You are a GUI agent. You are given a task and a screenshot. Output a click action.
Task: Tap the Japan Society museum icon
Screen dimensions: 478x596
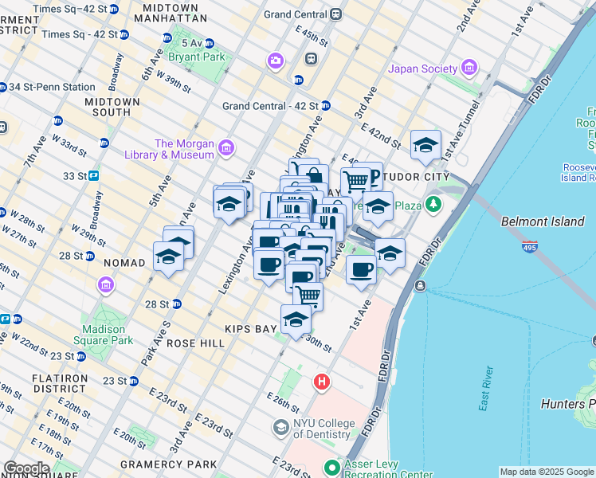pos(469,69)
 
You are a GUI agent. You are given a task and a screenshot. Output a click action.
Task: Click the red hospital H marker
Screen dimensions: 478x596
pos(322,382)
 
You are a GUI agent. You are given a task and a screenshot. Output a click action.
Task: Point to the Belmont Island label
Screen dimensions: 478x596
pos(543,222)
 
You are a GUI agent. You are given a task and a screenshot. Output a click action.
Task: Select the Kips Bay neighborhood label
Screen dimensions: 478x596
pos(255,328)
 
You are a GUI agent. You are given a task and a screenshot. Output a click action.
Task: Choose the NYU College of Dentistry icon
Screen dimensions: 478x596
pos(280,429)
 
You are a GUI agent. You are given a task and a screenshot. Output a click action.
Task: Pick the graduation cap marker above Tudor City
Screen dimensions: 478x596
pos(426,146)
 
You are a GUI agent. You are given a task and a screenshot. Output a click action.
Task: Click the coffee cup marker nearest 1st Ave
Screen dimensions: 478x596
pos(361,268)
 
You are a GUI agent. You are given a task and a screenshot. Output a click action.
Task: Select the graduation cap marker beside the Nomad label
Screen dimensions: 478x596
pos(168,257)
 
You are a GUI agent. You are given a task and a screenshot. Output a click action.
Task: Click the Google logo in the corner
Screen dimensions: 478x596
pos(25,468)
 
